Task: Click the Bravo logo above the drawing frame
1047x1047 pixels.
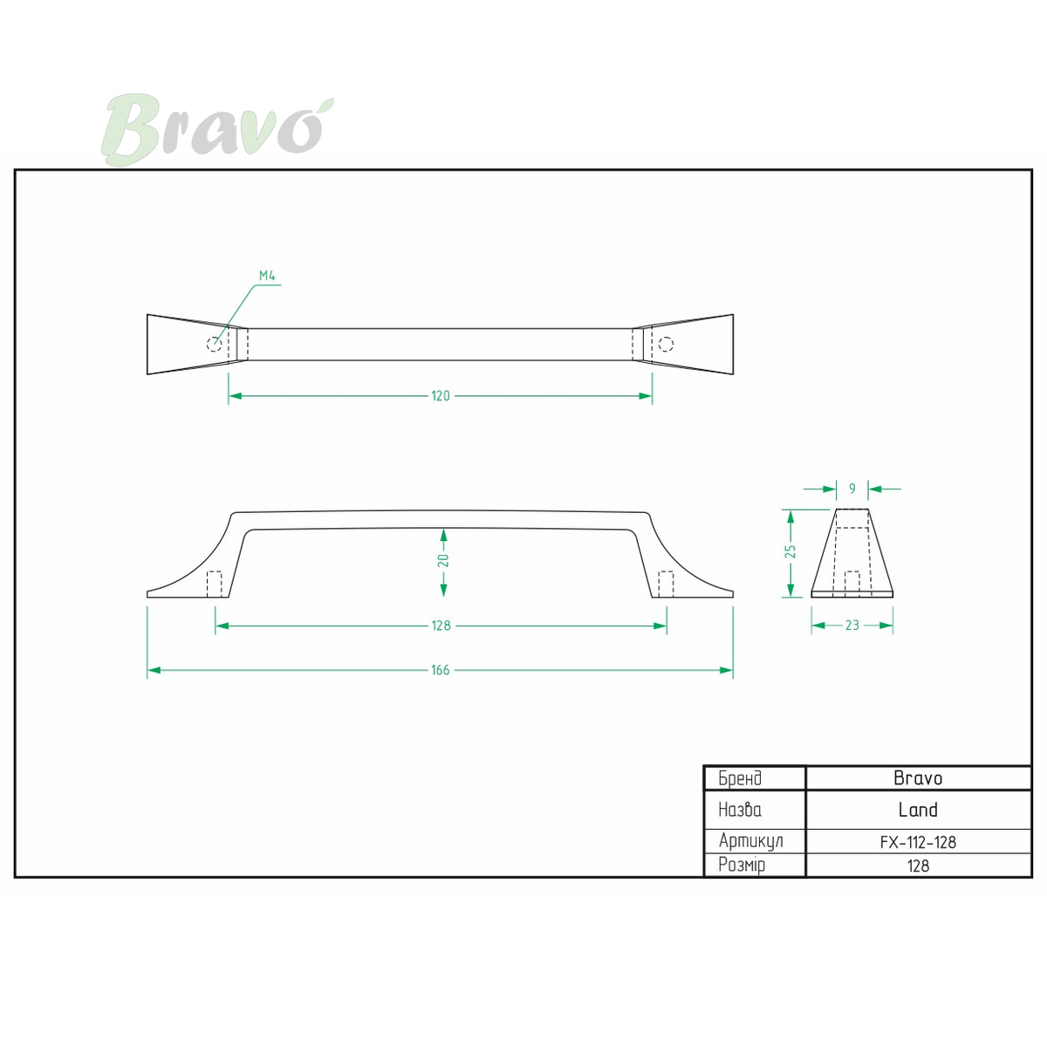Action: [x=217, y=129]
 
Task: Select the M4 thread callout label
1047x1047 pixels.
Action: [x=267, y=276]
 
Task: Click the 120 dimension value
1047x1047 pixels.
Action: [x=441, y=395]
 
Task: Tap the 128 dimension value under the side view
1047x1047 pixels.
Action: [x=441, y=626]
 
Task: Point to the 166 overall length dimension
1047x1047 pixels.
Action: [x=440, y=670]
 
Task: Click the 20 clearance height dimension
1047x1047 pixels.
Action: [x=443, y=560]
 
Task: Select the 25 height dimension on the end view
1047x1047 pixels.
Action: [x=790, y=551]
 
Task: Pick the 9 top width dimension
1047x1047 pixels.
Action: [x=852, y=489]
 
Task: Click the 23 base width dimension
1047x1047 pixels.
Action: [x=852, y=626]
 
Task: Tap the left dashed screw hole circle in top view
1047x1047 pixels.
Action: [x=214, y=344]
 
